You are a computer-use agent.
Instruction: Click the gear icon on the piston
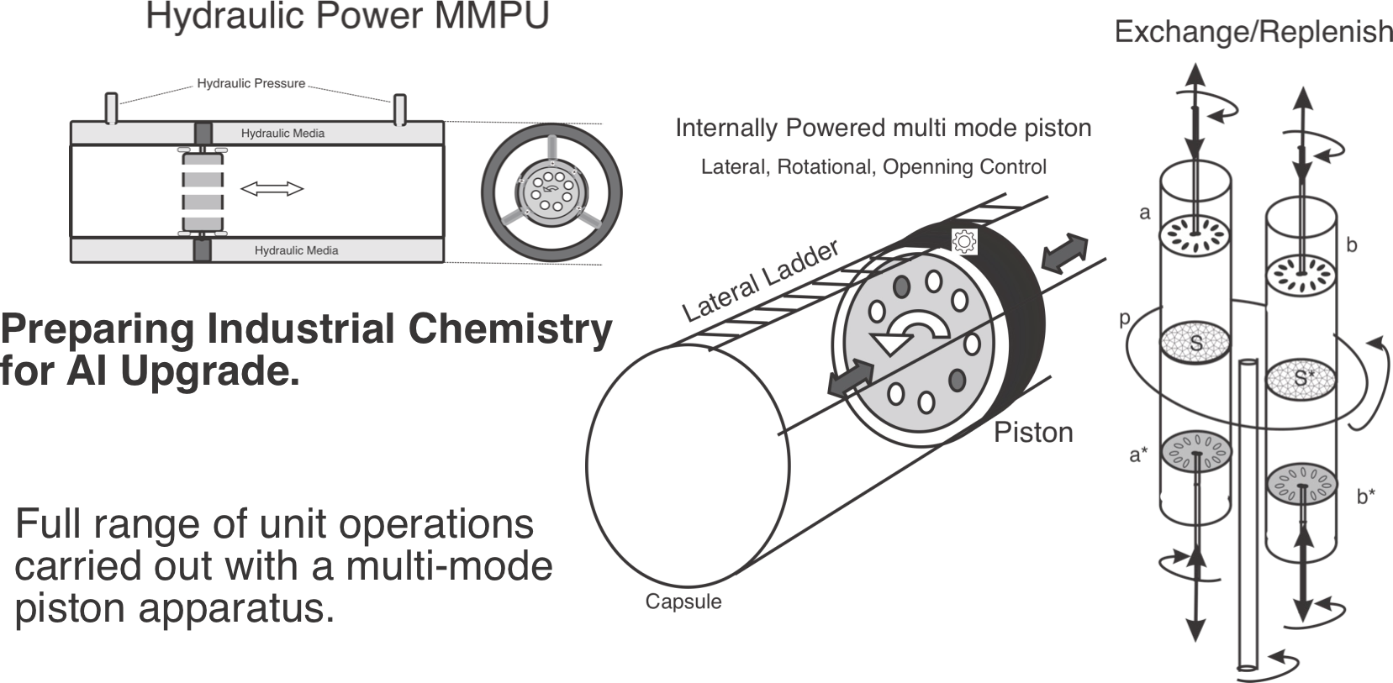coord(963,241)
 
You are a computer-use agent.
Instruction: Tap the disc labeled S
coord(1195,342)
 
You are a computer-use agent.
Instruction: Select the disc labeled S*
coord(1301,378)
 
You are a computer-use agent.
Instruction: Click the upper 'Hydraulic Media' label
coord(282,133)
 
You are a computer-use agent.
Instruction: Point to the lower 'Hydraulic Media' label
coord(296,250)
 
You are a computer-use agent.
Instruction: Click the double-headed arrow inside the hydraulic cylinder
coord(272,190)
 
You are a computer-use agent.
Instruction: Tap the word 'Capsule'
coord(683,602)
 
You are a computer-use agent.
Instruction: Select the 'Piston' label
coord(1033,432)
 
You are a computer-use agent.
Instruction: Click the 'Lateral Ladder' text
coord(760,282)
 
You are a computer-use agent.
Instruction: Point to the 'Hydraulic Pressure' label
coord(251,83)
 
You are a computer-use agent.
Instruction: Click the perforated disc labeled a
coord(1195,234)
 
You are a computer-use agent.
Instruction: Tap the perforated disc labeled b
coord(1301,274)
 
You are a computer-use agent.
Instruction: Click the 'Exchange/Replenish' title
coord(1253,33)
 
